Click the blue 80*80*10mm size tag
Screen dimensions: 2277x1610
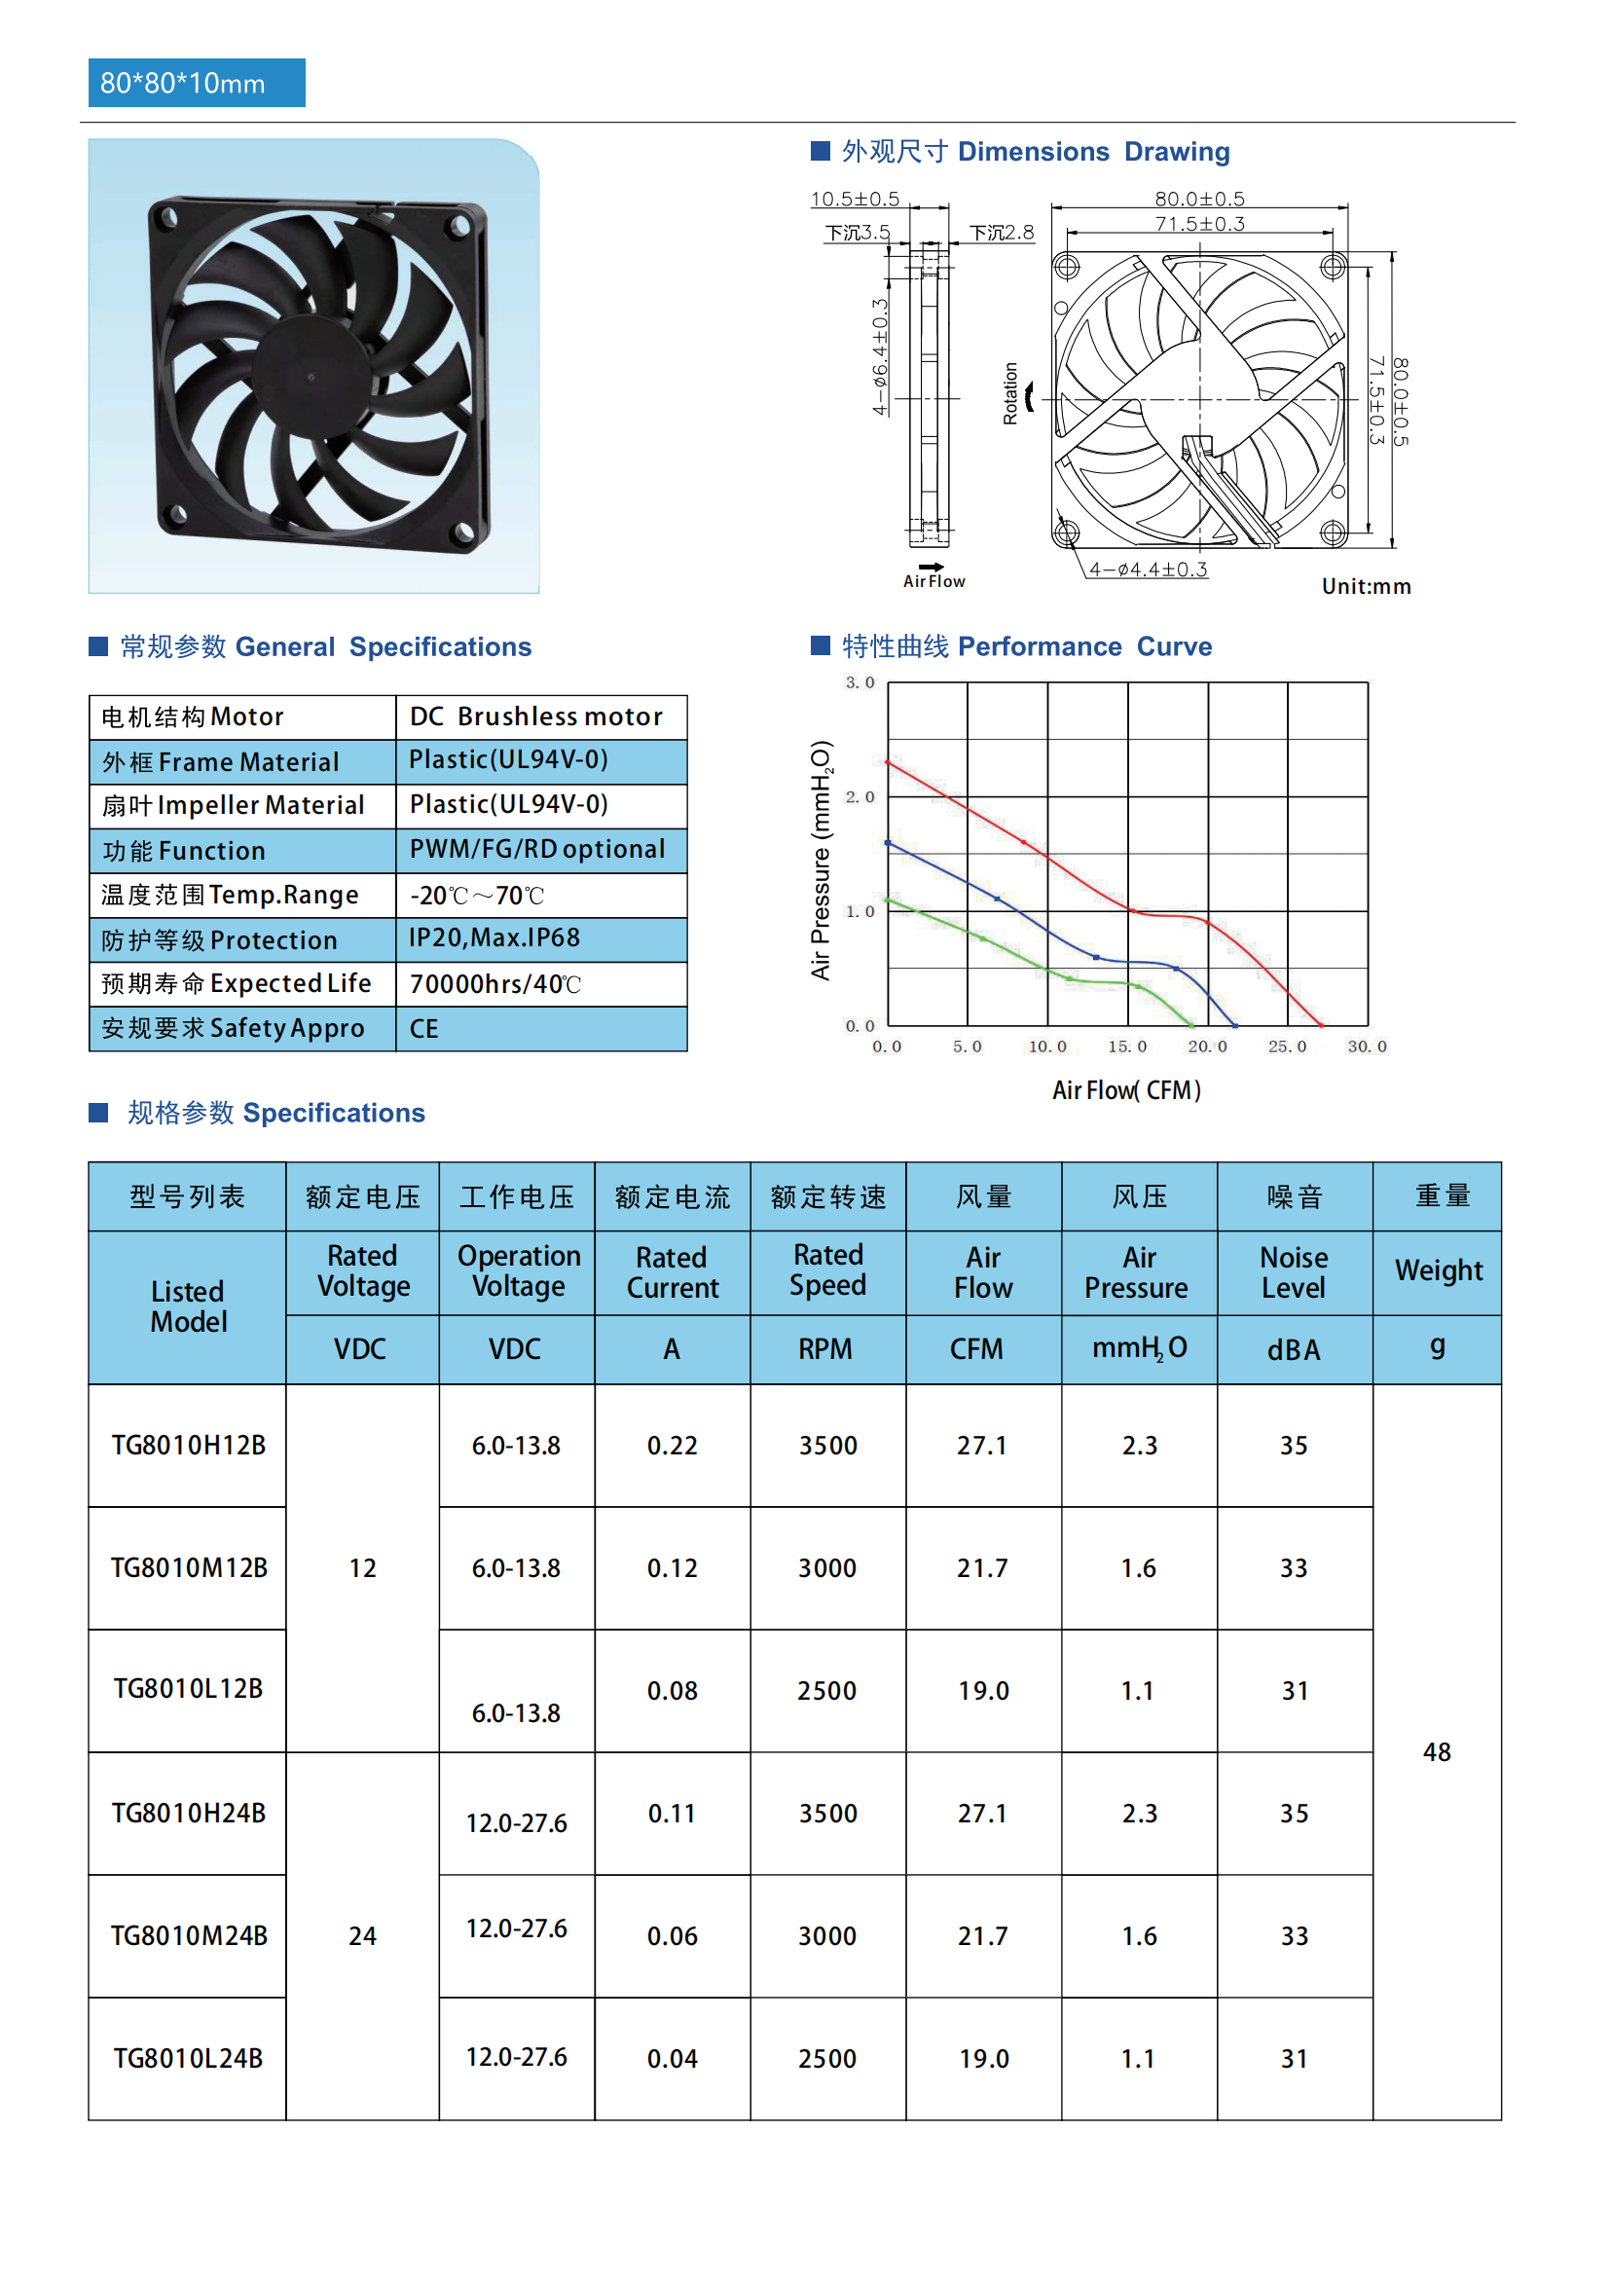[197, 84]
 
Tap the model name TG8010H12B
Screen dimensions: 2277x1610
[189, 1445]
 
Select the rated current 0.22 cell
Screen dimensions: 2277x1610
[673, 1445]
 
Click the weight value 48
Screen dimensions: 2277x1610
[1437, 1751]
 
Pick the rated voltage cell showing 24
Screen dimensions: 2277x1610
[362, 1936]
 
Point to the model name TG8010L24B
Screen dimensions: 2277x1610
[189, 2059]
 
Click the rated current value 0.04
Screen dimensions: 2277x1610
[673, 2059]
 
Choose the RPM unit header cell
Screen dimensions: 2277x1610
[825, 1348]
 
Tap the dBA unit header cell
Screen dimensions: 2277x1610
[1294, 1349]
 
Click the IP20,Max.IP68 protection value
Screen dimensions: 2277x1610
[494, 938]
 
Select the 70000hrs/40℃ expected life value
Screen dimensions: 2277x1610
[494, 984]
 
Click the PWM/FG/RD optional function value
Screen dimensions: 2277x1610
[536, 849]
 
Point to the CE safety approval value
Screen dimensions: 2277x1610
[424, 1028]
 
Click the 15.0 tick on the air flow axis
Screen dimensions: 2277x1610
[1127, 1047]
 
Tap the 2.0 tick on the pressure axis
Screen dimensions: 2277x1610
[860, 796]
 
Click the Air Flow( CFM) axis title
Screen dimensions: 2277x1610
[1126, 1090]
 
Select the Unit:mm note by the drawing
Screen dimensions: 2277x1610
[1366, 586]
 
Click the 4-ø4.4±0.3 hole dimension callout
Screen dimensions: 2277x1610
[1148, 569]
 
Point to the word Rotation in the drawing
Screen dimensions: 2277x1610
[1010, 393]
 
